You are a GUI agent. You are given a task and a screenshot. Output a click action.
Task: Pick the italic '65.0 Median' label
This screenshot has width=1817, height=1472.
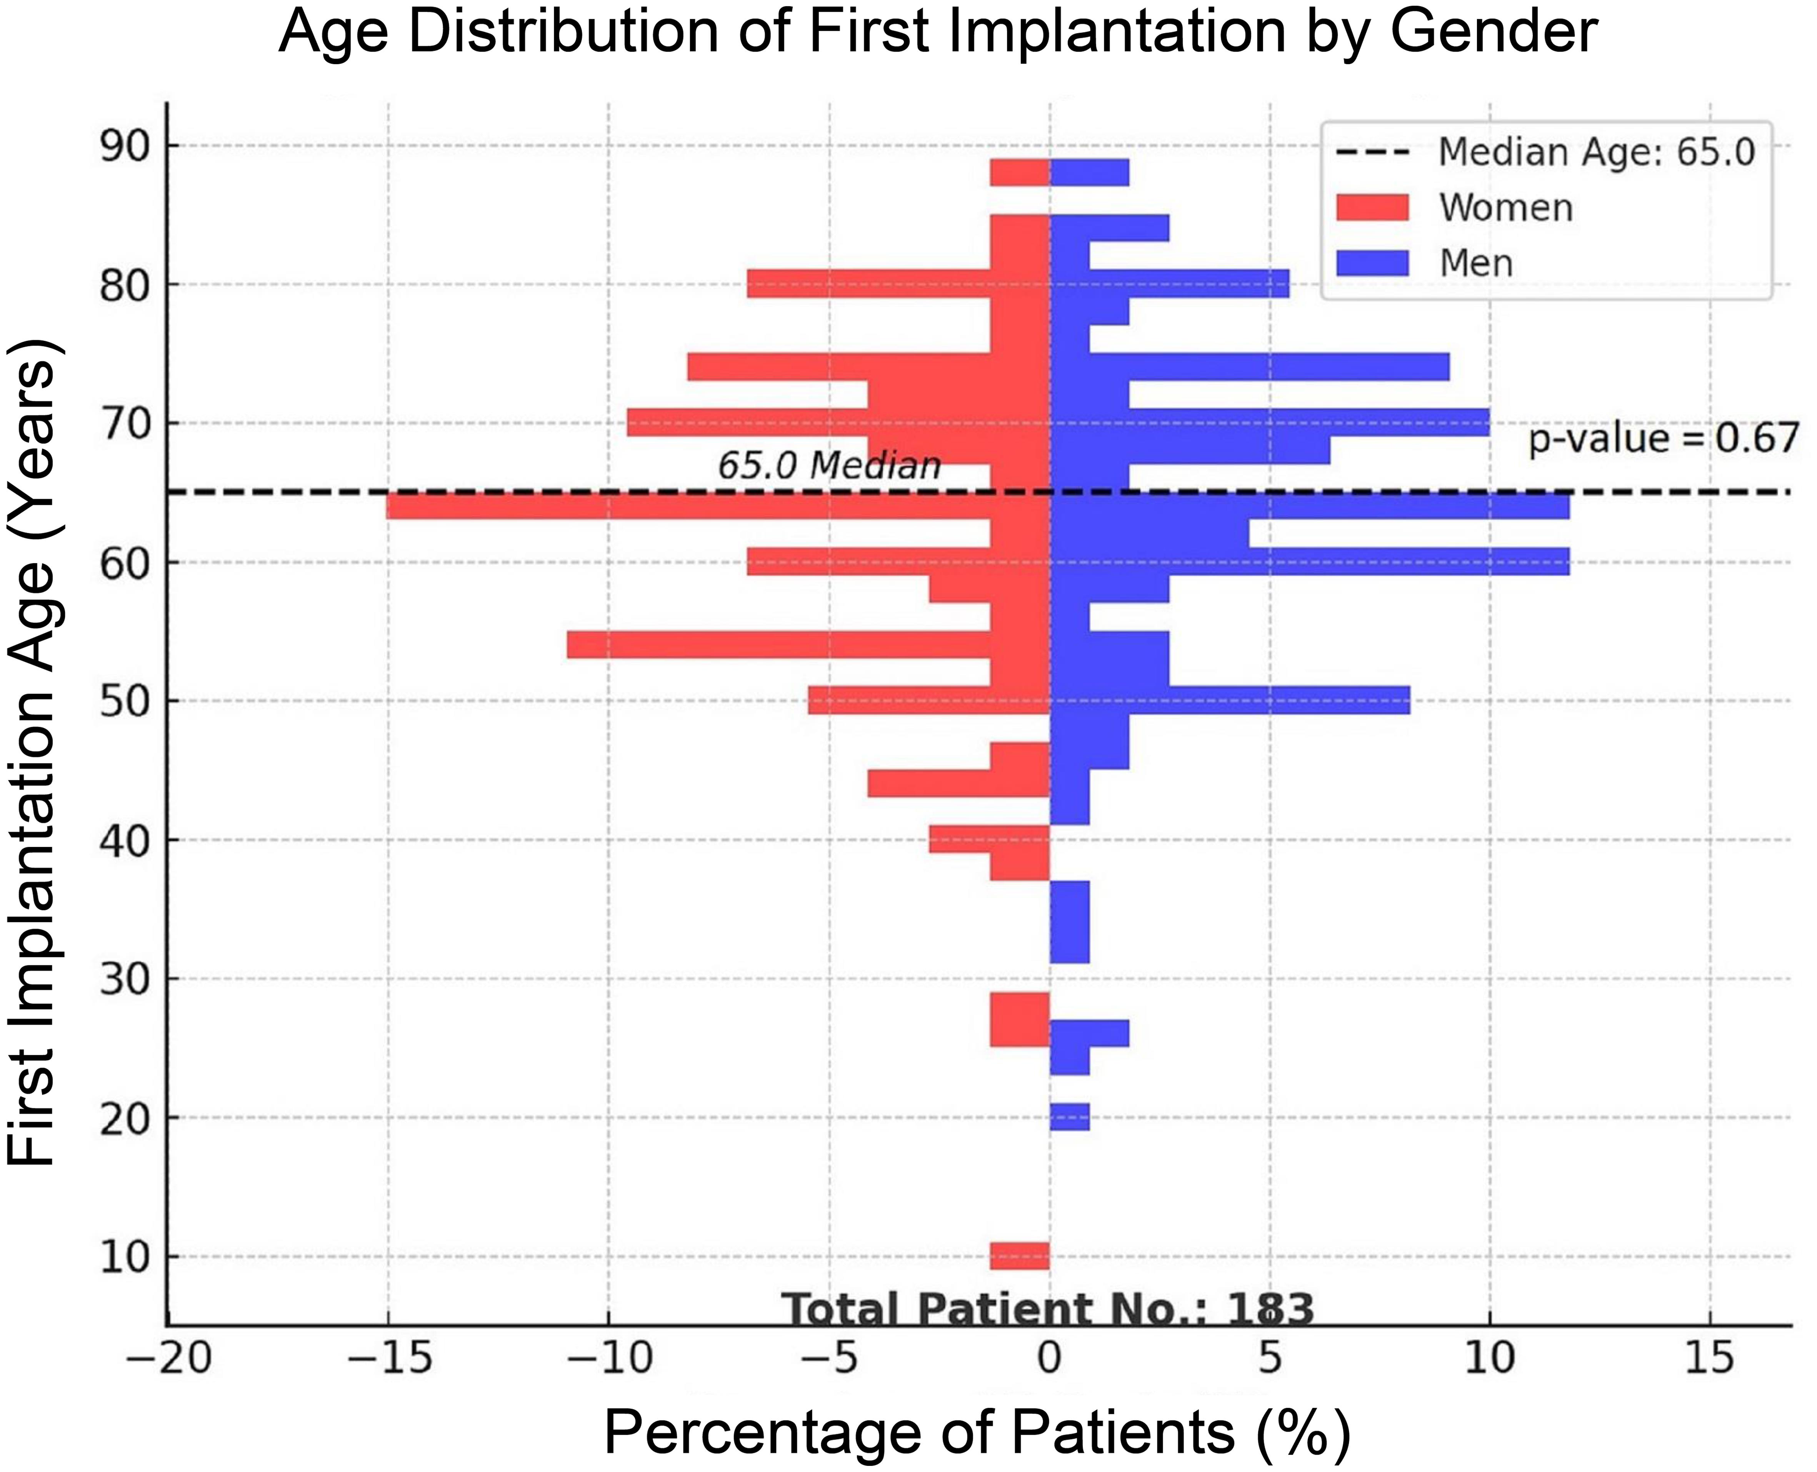(829, 466)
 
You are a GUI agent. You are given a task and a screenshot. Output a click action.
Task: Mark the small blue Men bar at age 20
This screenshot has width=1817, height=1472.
(1070, 1117)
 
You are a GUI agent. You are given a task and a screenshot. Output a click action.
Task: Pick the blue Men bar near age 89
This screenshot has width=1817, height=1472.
(1089, 172)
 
